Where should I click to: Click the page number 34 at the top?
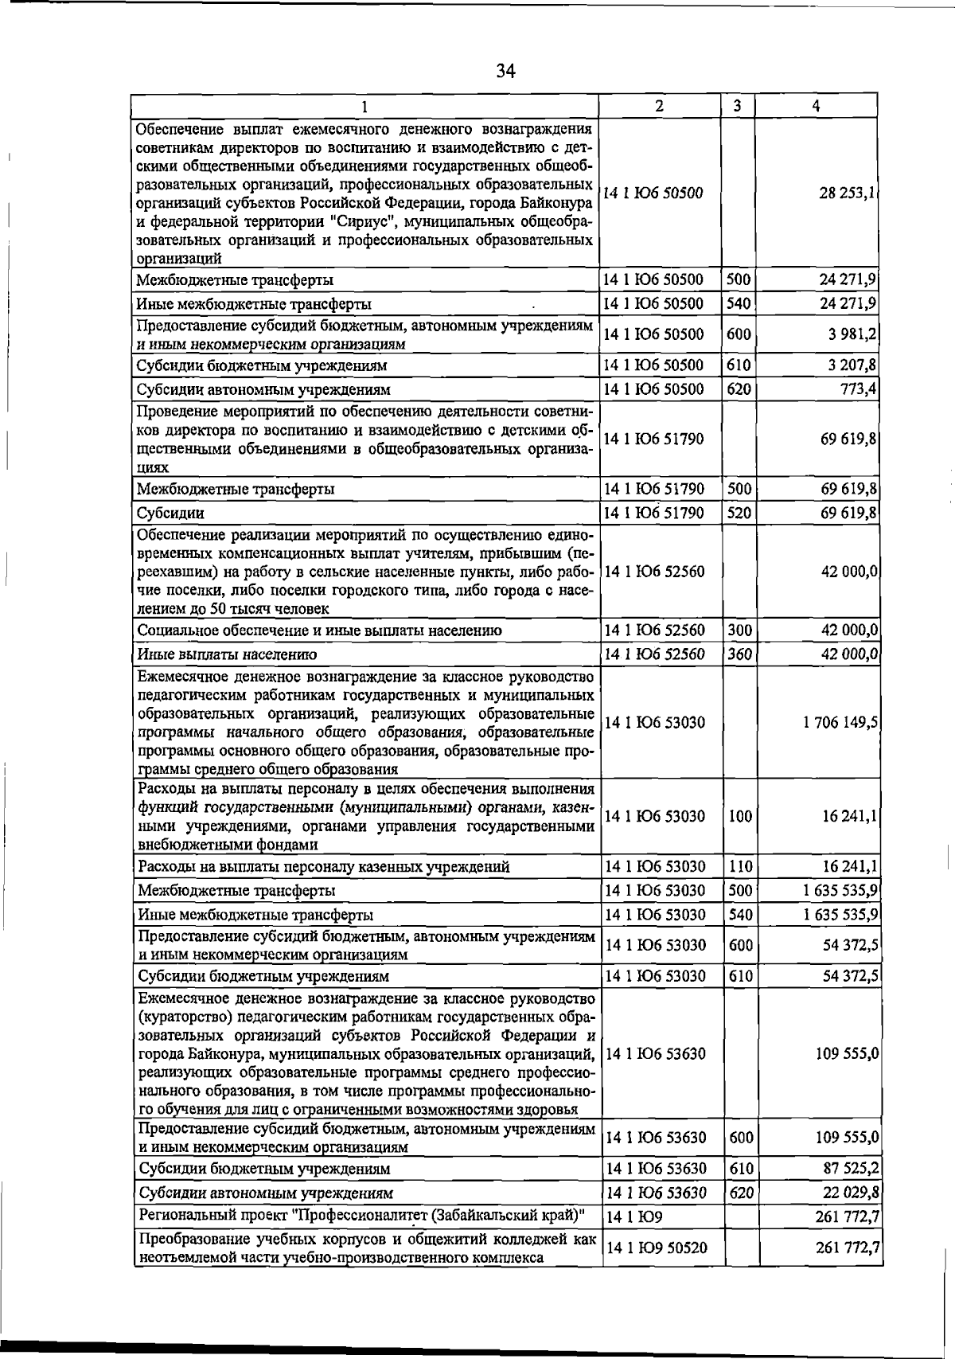coord(505,72)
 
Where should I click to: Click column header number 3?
coord(738,106)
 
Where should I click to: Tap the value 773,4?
coord(858,389)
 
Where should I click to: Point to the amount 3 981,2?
coord(850,334)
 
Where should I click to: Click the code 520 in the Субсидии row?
coord(739,514)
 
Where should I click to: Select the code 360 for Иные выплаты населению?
coord(739,654)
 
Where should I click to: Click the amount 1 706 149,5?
coord(840,723)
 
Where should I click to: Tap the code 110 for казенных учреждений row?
coord(740,867)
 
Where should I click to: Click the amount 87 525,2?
coord(848,1169)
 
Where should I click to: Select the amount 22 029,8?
coord(848,1193)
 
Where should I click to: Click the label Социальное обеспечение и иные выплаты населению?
coord(319,631)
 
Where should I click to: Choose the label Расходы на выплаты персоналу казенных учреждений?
coord(323,867)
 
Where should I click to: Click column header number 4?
coord(817,106)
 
